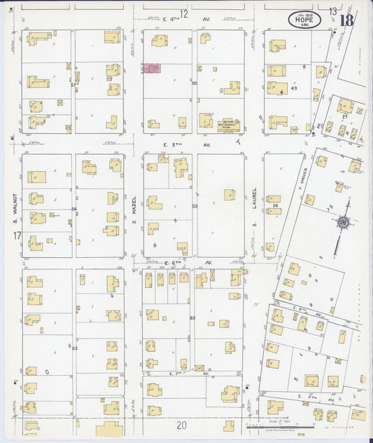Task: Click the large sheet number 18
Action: click(x=346, y=19)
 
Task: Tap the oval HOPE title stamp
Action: click(x=304, y=20)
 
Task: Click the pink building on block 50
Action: click(x=150, y=68)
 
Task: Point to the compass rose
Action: click(x=343, y=222)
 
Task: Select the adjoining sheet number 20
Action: click(x=182, y=425)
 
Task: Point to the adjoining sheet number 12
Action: click(x=184, y=13)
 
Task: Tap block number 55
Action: click(x=195, y=206)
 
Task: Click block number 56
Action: click(x=276, y=206)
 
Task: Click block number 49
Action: click(x=294, y=88)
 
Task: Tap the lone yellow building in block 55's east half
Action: click(x=229, y=194)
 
